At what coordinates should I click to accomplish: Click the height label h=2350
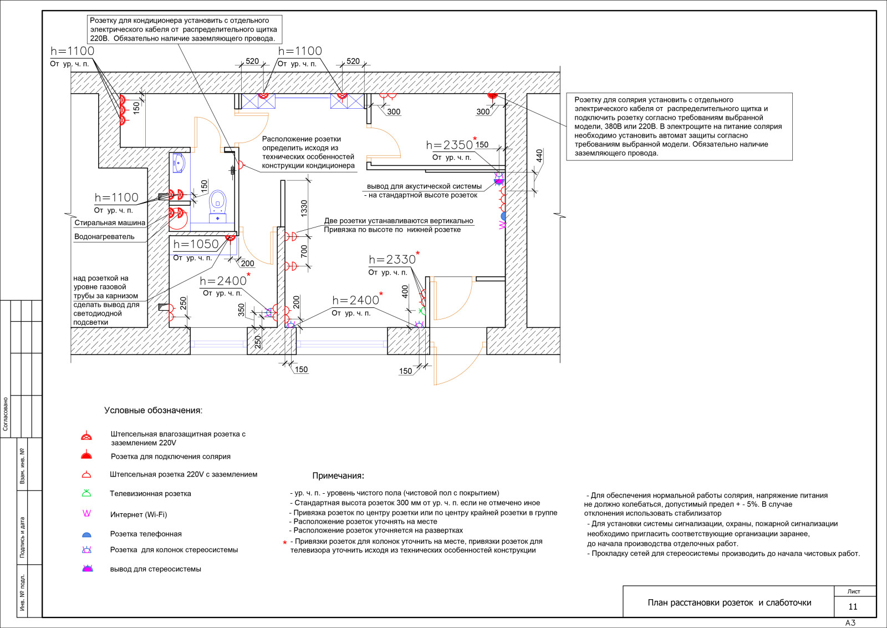click(450, 145)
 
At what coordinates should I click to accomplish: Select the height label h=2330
click(392, 260)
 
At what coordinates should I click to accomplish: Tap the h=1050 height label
click(196, 244)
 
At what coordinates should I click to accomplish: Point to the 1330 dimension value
click(304, 208)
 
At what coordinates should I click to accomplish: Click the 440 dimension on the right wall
click(539, 156)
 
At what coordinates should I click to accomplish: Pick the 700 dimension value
click(304, 251)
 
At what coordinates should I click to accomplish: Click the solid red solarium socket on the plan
click(492, 95)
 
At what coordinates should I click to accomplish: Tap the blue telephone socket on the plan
click(503, 216)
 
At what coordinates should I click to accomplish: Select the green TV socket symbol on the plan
click(423, 311)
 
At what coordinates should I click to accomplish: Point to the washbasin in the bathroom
click(179, 163)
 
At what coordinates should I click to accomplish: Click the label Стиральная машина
click(110, 222)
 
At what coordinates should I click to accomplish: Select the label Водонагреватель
click(105, 236)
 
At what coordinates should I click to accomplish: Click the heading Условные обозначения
click(153, 411)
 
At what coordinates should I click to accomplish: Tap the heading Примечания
click(338, 475)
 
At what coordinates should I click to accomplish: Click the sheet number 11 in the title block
click(853, 606)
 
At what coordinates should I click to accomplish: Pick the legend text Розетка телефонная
click(146, 534)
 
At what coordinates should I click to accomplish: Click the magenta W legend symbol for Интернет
click(86, 513)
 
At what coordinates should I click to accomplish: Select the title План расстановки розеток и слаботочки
click(730, 602)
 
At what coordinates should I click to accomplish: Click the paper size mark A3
click(850, 623)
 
